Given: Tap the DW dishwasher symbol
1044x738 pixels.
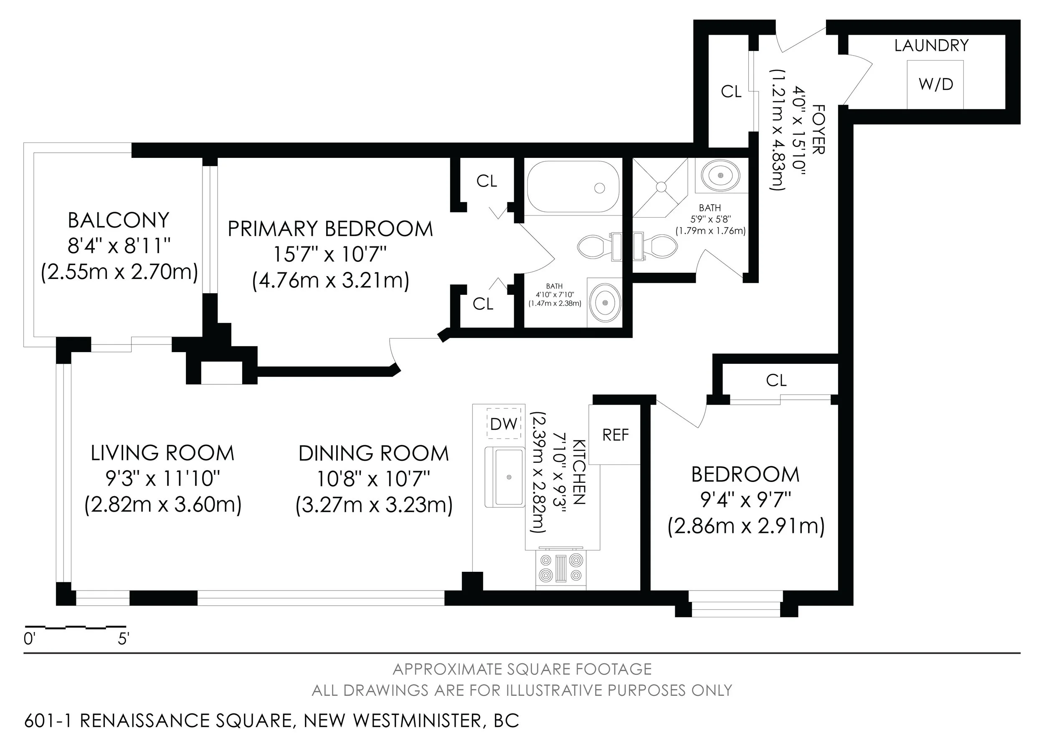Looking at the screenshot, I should (x=504, y=424).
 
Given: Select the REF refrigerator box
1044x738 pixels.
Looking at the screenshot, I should (x=615, y=435).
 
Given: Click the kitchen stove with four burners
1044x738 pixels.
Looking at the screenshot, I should (x=561, y=568).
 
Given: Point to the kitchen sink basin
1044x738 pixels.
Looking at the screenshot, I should (x=508, y=477).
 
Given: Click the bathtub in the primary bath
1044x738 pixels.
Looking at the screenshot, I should (x=573, y=187).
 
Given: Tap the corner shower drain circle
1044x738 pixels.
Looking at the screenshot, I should (x=661, y=186).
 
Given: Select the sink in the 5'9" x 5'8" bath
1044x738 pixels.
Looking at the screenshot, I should (x=720, y=175).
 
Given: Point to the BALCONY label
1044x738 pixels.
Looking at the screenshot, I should (x=119, y=221).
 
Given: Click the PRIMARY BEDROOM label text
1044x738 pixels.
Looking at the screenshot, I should (x=330, y=229).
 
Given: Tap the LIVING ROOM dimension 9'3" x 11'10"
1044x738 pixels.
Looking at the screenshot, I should (x=163, y=478).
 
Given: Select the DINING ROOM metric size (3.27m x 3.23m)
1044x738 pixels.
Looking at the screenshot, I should (x=374, y=505).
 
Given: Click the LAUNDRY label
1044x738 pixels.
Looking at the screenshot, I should (x=931, y=46).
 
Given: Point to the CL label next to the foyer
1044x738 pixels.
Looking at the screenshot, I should (x=731, y=92).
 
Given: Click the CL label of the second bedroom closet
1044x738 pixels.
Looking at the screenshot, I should (x=776, y=380).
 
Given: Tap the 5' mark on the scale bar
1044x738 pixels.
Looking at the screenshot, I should (x=123, y=639).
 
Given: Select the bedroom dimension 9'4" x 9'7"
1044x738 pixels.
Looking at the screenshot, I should (x=746, y=500).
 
